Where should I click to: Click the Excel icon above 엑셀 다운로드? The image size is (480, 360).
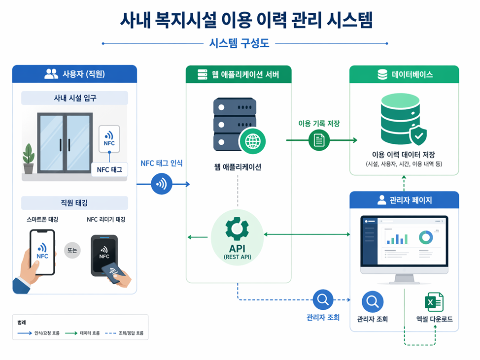pos(434,302)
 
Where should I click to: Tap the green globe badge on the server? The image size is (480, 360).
pos(252,141)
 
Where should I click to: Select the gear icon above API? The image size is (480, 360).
pos(237,228)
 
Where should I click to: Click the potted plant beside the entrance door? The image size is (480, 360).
pos(29,159)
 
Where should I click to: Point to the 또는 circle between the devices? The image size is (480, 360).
pos(72,250)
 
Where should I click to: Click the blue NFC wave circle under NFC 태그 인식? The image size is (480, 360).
pos(161,184)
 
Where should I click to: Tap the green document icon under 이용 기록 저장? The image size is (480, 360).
pos(319,140)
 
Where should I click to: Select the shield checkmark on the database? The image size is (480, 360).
pos(418,135)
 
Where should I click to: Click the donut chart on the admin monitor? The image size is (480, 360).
pos(426,237)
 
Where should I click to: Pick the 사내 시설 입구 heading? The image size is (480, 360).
pos(75,98)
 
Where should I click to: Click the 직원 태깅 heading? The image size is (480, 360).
pos(74,203)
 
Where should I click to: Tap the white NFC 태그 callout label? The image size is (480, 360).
pos(109,169)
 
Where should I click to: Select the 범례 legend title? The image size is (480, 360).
pos(21,323)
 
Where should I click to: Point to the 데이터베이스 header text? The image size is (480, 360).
pos(412,74)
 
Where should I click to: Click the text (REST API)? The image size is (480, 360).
pos(238,257)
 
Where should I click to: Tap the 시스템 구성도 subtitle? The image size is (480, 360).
pos(240,43)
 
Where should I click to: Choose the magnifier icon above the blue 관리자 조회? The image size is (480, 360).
pos(323,300)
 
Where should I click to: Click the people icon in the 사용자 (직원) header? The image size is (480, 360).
pos(51,74)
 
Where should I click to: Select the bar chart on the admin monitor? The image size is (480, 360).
pos(397,238)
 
